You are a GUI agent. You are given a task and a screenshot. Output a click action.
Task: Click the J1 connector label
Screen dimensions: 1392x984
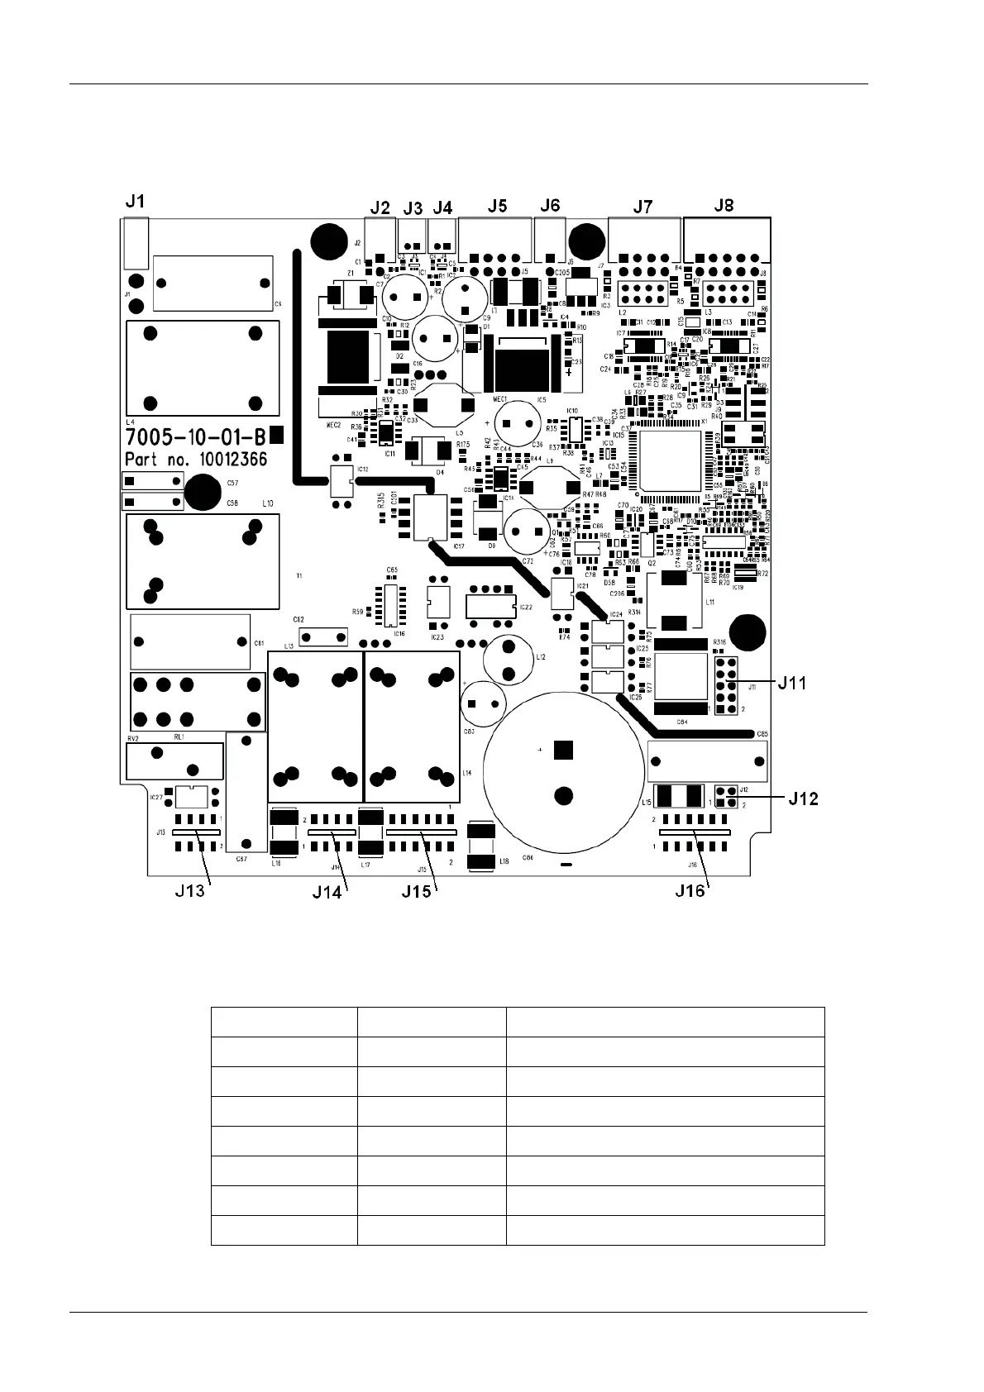tap(136, 201)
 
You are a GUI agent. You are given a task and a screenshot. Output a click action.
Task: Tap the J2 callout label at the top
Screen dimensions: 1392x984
tap(380, 207)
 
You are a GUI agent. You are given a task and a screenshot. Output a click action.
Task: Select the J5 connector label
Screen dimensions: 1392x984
tap(497, 205)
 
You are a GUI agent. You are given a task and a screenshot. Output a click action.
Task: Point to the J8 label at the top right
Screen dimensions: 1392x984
tap(724, 205)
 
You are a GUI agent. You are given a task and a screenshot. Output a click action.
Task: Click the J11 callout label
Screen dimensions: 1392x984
tap(791, 683)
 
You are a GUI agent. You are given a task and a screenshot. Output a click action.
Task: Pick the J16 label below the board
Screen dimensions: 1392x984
tap(691, 890)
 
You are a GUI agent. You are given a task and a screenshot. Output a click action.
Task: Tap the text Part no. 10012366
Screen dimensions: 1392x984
tap(195, 459)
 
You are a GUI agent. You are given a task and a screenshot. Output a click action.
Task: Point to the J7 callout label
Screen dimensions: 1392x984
tap(642, 206)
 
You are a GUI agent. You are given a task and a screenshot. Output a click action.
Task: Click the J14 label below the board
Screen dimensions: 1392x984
tap(327, 892)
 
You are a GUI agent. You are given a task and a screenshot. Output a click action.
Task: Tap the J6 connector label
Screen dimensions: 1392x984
tap(550, 205)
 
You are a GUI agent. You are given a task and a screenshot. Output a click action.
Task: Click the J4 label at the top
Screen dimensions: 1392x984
tap(442, 207)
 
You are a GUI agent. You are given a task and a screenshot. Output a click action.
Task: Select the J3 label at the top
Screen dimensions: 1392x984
tap(413, 207)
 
